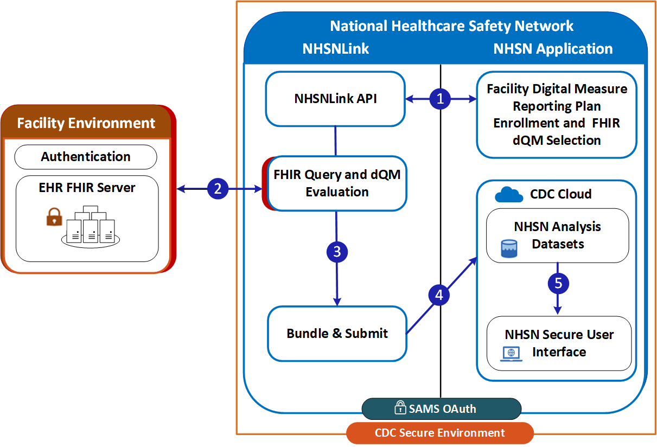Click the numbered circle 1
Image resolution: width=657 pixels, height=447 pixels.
[x=440, y=98]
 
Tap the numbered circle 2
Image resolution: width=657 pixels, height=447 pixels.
[x=218, y=189]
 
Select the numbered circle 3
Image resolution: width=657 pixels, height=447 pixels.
[x=337, y=252]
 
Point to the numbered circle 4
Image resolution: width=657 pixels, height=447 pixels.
[x=439, y=295]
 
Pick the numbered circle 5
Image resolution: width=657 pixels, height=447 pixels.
[x=558, y=283]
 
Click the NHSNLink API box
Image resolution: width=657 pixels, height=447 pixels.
[x=335, y=99]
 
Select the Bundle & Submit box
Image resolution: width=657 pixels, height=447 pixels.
[x=337, y=333]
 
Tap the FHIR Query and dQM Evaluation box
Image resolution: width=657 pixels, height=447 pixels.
[x=337, y=183]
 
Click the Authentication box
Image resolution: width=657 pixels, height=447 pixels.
[x=86, y=157]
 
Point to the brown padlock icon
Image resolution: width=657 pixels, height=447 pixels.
[x=54, y=218]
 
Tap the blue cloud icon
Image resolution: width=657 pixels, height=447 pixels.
[x=508, y=194]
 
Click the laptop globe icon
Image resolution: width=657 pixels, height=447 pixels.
[x=511, y=353]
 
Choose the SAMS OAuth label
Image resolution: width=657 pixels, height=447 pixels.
[x=441, y=408]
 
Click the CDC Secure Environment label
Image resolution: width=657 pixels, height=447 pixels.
[x=439, y=433]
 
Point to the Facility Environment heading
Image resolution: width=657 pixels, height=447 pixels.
[x=86, y=123]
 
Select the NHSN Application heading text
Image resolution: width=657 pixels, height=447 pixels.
[x=553, y=49]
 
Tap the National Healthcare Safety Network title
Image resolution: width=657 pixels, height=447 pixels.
[x=451, y=26]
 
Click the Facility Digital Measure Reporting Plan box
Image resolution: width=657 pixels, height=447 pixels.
[x=556, y=114]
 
